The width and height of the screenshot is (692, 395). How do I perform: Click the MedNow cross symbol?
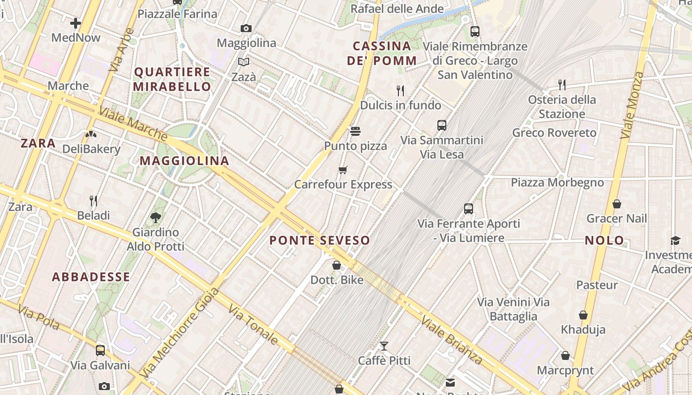point(75,23)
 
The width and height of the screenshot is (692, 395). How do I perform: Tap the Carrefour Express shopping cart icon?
point(343,170)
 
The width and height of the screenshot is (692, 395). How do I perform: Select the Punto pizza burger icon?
point(355,131)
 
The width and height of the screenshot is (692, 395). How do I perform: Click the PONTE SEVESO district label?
point(320,240)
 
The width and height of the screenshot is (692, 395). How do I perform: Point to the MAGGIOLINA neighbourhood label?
point(184,160)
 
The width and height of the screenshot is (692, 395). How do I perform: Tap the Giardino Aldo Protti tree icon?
point(155,217)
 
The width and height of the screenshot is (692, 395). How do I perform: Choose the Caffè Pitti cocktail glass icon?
point(384,346)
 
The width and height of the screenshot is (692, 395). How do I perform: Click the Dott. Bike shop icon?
point(337,266)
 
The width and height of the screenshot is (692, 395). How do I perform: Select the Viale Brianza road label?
point(451,340)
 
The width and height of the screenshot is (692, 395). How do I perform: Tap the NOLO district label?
point(605,240)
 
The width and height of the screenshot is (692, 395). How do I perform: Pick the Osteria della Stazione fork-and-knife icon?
point(562,85)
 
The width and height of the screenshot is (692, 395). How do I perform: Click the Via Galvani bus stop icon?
point(100,351)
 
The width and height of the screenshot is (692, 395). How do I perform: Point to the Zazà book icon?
point(244,62)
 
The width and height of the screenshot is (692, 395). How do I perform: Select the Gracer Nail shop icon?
point(616,204)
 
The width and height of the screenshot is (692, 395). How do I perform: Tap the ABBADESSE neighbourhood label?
point(91,277)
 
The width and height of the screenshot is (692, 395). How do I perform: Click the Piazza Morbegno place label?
point(557,183)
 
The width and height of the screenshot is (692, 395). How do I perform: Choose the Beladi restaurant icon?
point(93,201)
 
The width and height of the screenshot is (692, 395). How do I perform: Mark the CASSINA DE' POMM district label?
point(382,53)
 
